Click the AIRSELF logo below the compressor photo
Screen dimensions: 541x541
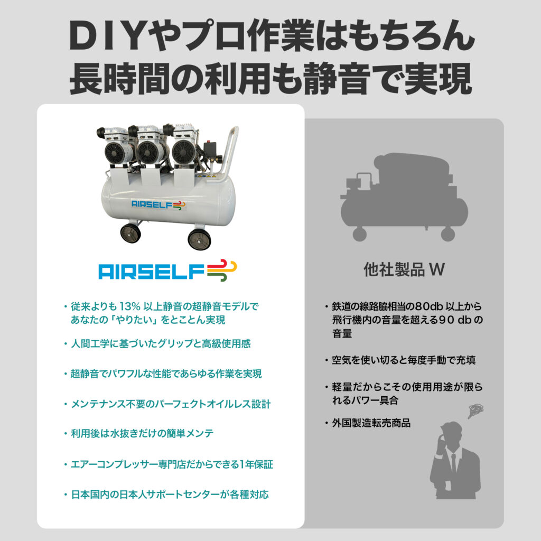(167, 270)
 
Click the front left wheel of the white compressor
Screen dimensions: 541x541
(130, 233)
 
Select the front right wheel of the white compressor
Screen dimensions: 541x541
(199, 238)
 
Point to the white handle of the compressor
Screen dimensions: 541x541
(228, 152)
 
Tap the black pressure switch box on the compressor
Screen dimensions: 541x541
(210, 148)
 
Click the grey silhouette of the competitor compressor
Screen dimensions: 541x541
(404, 197)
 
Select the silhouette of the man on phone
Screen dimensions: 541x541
(455, 460)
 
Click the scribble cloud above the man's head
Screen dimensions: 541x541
(475, 411)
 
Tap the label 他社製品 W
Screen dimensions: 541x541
(404, 269)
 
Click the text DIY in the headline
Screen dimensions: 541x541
(106, 36)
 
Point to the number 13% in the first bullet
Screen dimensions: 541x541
(130, 306)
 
